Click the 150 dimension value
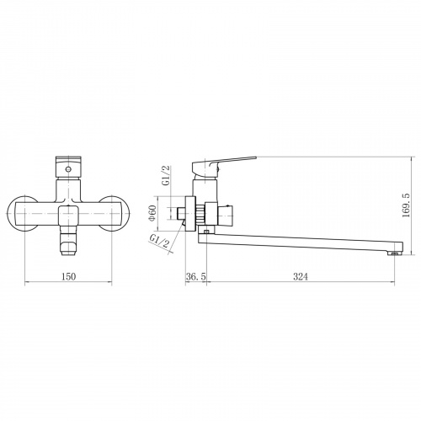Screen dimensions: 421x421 point(68,277)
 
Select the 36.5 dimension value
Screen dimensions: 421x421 point(195,277)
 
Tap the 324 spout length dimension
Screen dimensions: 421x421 point(301,277)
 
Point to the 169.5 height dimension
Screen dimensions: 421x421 point(406,205)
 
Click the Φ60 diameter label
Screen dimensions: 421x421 point(152,214)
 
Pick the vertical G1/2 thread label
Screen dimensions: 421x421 point(166,175)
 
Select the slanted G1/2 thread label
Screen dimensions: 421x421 point(160,242)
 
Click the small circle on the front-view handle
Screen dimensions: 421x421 point(67,169)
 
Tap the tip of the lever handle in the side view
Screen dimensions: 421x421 point(256,157)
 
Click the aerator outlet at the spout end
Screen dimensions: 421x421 point(394,253)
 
